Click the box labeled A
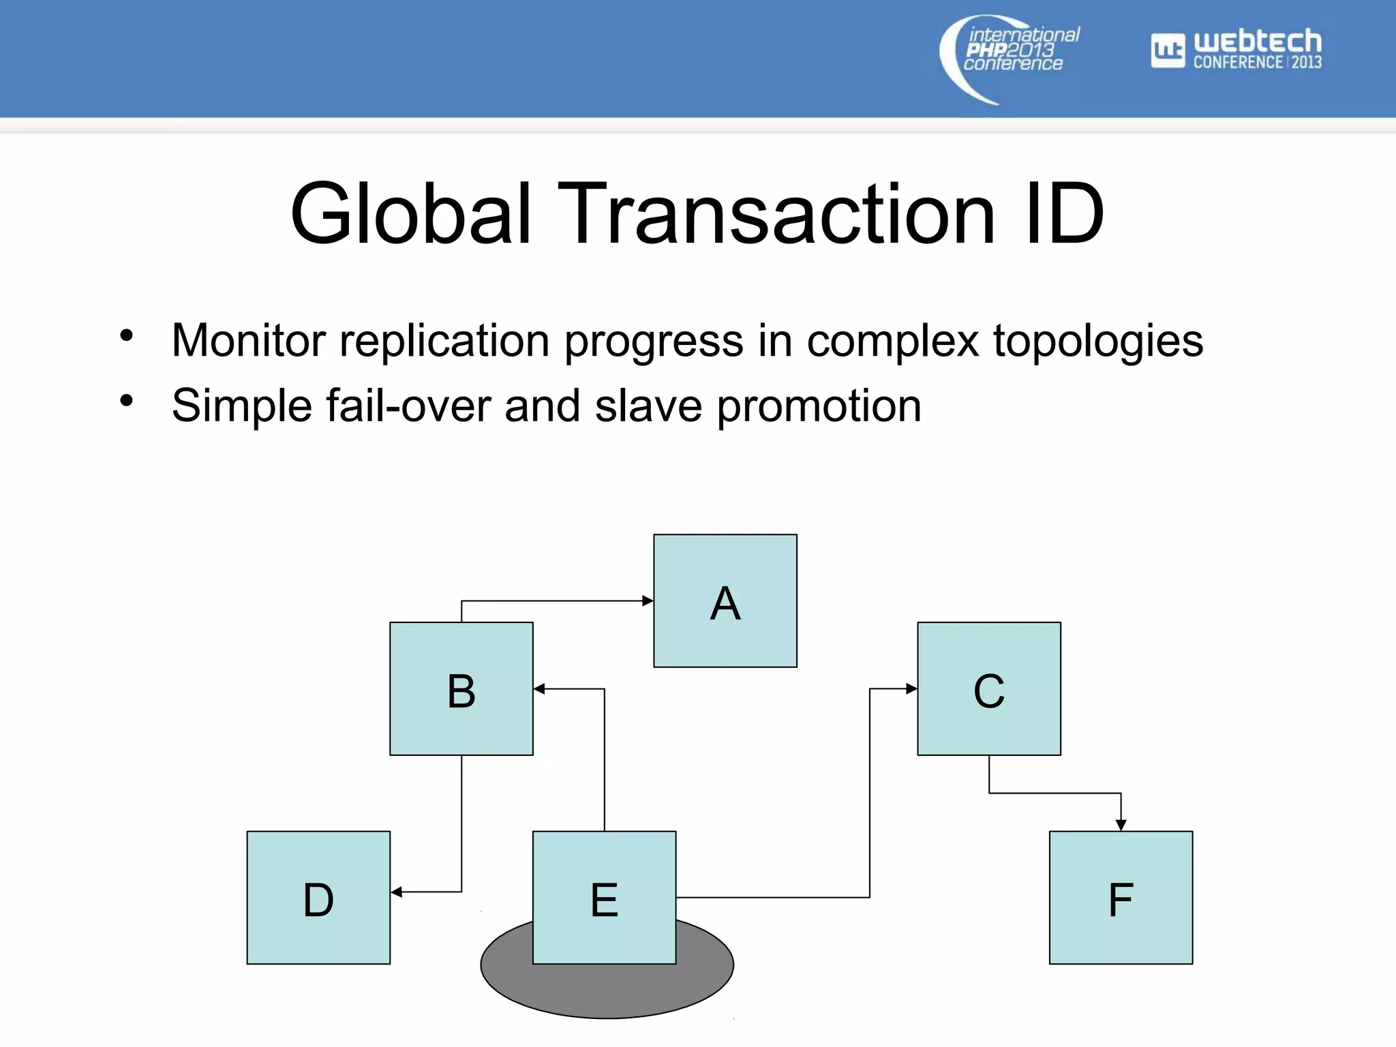pyautogui.click(x=725, y=601)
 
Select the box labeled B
pyautogui.click(x=461, y=688)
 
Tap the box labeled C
pyautogui.click(x=988, y=688)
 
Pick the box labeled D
pyautogui.click(x=318, y=897)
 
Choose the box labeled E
pyautogui.click(x=604, y=897)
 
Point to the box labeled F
pyautogui.click(x=1121, y=897)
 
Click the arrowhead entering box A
pyautogui.click(x=648, y=601)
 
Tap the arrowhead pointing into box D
pyautogui.click(x=397, y=892)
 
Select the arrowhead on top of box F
pyautogui.click(x=1121, y=825)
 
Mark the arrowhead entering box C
pyautogui.click(x=911, y=688)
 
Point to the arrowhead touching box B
pyautogui.click(x=539, y=688)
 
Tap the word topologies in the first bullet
pyautogui.click(x=1097, y=341)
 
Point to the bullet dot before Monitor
pyautogui.click(x=126, y=335)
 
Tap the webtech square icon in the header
pyautogui.click(x=1168, y=50)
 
